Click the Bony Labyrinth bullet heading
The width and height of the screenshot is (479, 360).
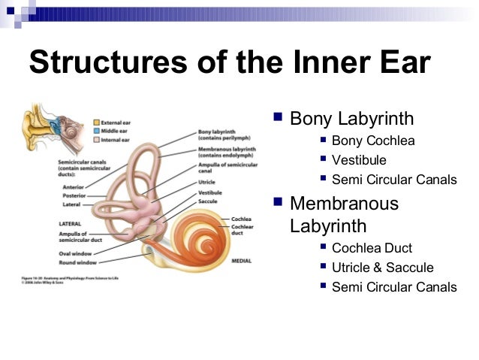pos(351,119)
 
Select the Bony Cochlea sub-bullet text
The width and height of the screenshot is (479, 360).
pos(373,141)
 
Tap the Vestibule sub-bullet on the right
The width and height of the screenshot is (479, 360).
pos(359,160)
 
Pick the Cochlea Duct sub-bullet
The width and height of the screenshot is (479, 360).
pos(372,248)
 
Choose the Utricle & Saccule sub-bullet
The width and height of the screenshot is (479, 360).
pos(383,268)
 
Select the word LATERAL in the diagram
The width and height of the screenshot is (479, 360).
pos(71,224)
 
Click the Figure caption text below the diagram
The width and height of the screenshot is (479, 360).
pos(68,278)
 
